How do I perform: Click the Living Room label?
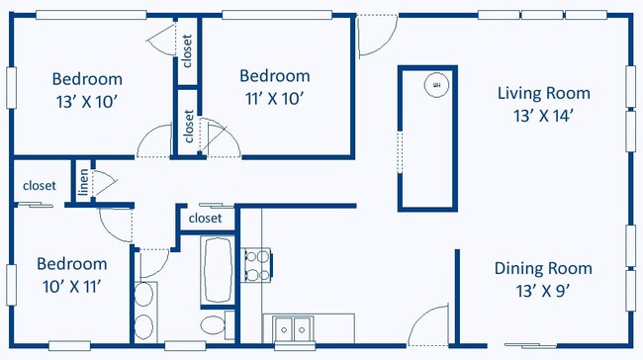[544, 93]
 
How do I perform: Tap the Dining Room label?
[543, 269]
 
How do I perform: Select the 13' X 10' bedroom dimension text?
[87, 102]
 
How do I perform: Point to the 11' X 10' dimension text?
[274, 98]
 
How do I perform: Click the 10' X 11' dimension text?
[72, 287]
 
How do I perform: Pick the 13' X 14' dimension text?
[543, 116]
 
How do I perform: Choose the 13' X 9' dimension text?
[543, 291]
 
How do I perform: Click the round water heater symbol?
[436, 85]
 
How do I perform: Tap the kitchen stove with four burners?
[257, 265]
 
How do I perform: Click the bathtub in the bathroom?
[218, 270]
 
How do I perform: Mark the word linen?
[84, 182]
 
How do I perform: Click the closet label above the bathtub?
[205, 218]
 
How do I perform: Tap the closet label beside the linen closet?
[40, 185]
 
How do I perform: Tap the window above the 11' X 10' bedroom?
[277, 15]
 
